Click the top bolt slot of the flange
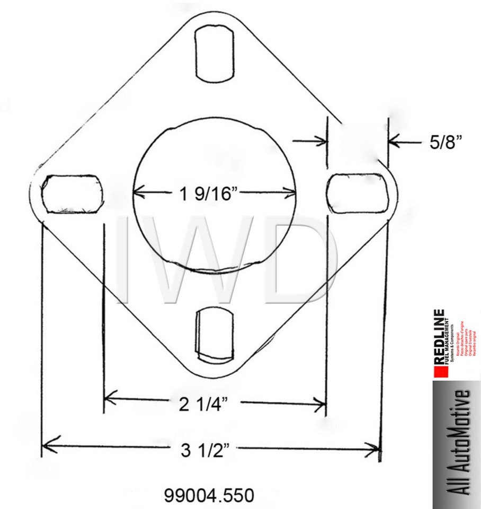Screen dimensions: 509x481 (216, 53)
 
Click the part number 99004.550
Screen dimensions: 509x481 (209, 496)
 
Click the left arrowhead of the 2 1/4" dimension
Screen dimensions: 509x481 (110, 396)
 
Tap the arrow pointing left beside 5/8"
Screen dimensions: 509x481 (395, 141)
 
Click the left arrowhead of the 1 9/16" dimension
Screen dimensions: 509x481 (139, 192)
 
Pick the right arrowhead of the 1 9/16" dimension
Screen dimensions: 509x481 (290, 192)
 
